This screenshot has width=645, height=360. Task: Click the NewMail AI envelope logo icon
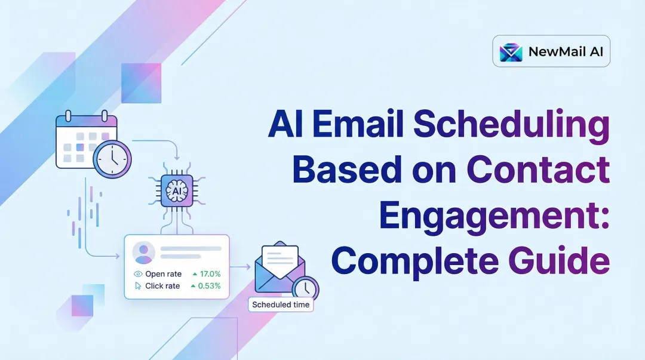point(511,52)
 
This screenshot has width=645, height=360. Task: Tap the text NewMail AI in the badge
point(565,52)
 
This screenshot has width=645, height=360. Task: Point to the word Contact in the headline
point(538,171)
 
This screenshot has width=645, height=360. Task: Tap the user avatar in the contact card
point(143,253)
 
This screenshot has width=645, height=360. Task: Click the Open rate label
point(163,274)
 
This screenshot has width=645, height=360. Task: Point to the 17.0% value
point(210,274)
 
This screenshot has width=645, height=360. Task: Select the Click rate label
point(162,286)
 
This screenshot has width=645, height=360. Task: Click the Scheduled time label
point(281,304)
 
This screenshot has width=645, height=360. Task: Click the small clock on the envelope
point(305,288)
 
